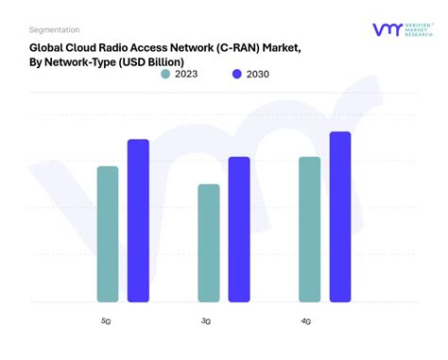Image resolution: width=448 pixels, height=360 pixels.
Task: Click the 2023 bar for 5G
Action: (x=108, y=234)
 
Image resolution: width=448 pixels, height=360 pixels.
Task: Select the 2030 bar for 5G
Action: (x=138, y=221)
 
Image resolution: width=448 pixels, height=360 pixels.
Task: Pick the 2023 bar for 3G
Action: (x=209, y=244)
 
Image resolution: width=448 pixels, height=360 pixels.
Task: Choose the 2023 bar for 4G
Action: (x=309, y=230)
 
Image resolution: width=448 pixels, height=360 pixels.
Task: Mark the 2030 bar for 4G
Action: (x=340, y=217)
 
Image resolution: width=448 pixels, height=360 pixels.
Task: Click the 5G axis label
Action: (x=106, y=321)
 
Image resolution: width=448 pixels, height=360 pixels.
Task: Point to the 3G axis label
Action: (x=206, y=321)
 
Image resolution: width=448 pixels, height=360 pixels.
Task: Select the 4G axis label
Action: (x=306, y=321)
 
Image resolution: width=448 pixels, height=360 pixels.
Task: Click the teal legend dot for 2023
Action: (x=166, y=74)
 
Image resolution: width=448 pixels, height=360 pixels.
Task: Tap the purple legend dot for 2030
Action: (x=236, y=74)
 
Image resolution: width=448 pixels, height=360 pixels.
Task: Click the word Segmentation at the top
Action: (x=55, y=29)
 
